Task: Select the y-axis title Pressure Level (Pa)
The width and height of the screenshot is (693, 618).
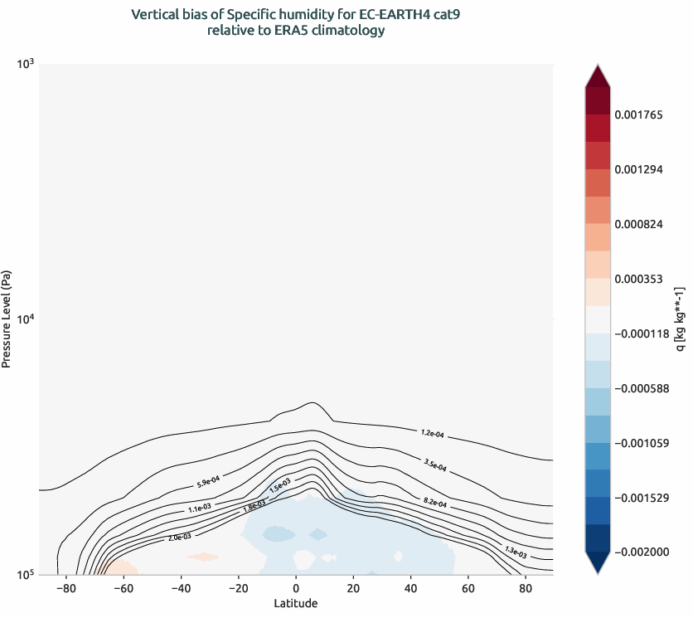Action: (x=7, y=319)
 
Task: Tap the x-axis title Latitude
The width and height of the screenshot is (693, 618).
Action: (x=296, y=603)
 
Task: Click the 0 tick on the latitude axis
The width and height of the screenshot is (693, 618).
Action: (x=296, y=588)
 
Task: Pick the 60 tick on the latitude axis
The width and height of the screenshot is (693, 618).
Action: (x=468, y=588)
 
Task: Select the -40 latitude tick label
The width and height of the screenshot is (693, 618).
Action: (x=181, y=588)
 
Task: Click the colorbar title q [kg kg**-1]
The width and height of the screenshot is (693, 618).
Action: (x=680, y=319)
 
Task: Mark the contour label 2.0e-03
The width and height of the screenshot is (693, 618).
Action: (x=179, y=538)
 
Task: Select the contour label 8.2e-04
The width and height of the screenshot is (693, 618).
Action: (x=435, y=504)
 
